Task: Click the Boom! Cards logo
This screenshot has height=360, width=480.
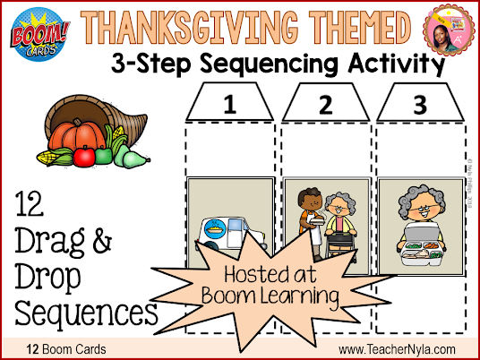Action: coord(39,34)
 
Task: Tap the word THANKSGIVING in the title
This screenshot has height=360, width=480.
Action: coord(189,27)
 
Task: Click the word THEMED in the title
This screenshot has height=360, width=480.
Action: coord(360,27)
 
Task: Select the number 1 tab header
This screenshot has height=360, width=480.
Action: coord(229,102)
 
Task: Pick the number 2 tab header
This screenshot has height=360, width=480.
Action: coord(325,103)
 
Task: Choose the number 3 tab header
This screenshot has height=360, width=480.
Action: coord(420,103)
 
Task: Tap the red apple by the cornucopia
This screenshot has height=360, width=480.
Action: coord(84,156)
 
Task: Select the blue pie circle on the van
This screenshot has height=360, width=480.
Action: coord(216,228)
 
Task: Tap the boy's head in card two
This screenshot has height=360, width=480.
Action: coord(310,201)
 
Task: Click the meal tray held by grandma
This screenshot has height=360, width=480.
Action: coord(421,249)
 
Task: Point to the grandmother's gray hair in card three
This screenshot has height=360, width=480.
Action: coord(422,199)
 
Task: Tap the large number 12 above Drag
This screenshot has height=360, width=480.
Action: coord(29,203)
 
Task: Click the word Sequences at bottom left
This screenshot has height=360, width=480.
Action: coord(86,313)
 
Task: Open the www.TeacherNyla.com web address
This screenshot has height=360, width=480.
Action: coord(397,349)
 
